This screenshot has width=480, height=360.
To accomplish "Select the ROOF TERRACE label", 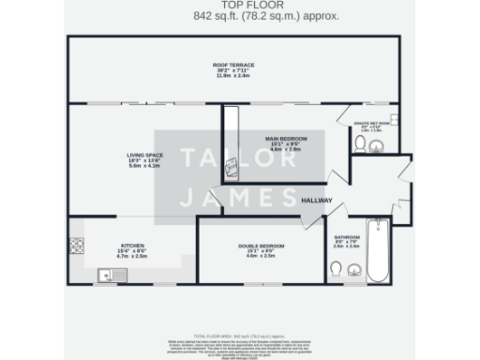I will pyautogui.click(x=233, y=65).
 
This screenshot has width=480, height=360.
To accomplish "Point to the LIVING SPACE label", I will pyautogui.click(x=145, y=155).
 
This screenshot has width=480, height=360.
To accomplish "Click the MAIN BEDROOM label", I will pyautogui.click(x=288, y=139).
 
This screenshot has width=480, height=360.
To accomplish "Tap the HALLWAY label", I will pyautogui.click(x=318, y=199).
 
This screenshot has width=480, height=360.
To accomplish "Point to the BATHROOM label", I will pyautogui.click(x=348, y=238).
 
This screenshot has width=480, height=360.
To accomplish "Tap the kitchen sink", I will pyautogui.click(x=113, y=275).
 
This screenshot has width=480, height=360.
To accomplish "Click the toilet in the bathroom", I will pyautogui.click(x=337, y=272).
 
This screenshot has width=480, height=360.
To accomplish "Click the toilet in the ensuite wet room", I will pyautogui.click(x=361, y=143).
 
